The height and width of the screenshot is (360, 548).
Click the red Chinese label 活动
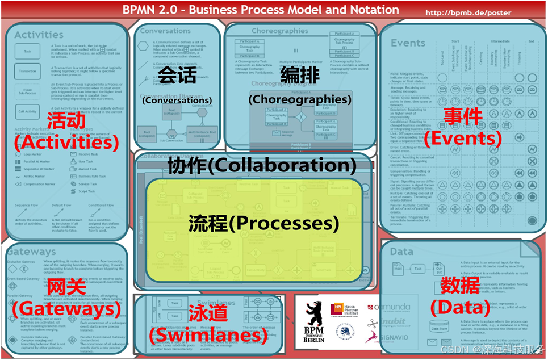66,120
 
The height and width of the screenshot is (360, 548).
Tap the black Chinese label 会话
177,75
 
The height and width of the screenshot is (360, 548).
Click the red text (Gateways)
66,309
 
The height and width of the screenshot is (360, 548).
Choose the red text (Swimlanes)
208,336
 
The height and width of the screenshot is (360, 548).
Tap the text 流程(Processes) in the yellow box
263,223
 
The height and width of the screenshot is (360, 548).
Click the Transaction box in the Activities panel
27,71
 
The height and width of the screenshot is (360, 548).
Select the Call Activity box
27,111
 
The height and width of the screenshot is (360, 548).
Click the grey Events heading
408,43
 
